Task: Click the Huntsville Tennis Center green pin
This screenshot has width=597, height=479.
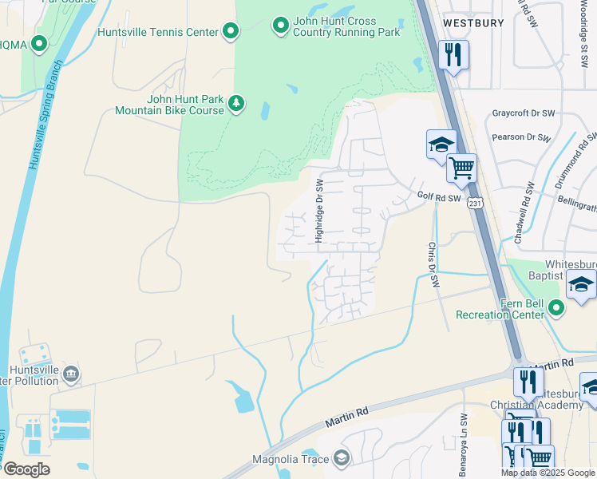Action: click(x=231, y=32)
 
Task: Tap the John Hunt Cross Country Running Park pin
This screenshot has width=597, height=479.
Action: click(x=280, y=26)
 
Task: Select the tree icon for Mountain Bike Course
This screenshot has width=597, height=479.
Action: click(x=236, y=103)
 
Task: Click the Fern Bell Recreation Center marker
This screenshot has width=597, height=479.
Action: click(x=556, y=307)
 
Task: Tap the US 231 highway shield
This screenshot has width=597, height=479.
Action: click(x=476, y=204)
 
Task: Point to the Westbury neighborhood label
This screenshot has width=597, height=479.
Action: click(x=473, y=23)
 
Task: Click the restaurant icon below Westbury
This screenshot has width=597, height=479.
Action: click(x=453, y=55)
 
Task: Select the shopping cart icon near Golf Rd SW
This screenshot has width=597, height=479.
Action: click(x=461, y=168)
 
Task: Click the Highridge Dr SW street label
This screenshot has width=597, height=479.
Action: click(x=318, y=210)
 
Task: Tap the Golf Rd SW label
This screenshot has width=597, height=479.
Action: click(x=439, y=196)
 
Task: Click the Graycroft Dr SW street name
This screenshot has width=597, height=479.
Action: click(x=523, y=113)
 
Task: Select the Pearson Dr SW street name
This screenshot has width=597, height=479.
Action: click(x=521, y=137)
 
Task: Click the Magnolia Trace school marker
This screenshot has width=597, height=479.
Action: click(x=342, y=458)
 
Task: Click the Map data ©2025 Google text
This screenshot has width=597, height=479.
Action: click(x=547, y=473)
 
